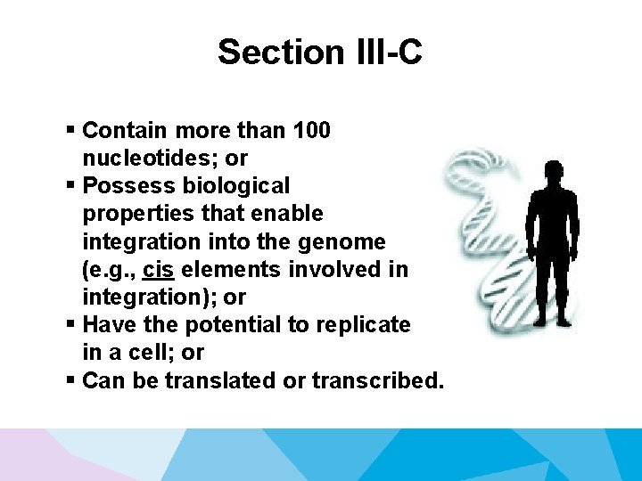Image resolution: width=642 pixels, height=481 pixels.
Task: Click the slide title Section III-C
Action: [320, 53]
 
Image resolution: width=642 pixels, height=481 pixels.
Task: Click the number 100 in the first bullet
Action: [312, 131]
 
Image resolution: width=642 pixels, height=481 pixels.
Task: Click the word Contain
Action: [125, 131]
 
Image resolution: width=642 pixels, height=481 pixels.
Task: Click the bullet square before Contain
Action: [70, 130]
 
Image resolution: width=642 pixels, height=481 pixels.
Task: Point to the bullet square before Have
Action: [70, 324]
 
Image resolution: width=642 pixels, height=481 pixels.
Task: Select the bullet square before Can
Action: [70, 379]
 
